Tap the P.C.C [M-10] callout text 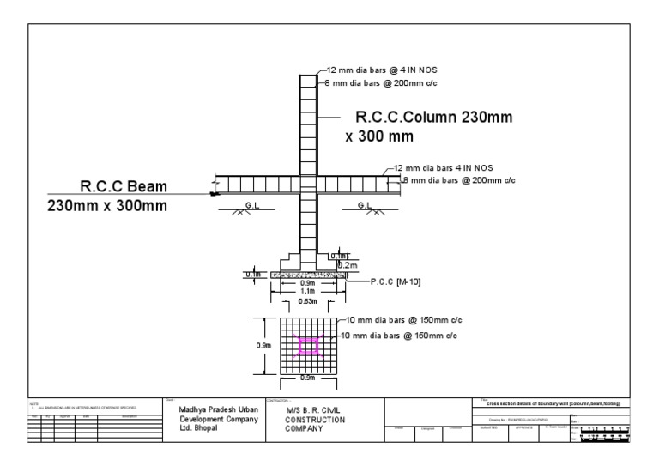coord(396,281)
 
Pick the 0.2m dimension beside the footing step coord(348,265)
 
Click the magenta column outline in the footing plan coord(309,345)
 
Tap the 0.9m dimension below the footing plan coord(308,378)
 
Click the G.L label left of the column coord(253,205)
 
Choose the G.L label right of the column coord(365,205)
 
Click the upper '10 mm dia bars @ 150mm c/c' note coord(400,321)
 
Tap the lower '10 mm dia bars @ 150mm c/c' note coord(400,335)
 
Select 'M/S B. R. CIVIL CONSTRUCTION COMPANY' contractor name coord(316,420)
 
